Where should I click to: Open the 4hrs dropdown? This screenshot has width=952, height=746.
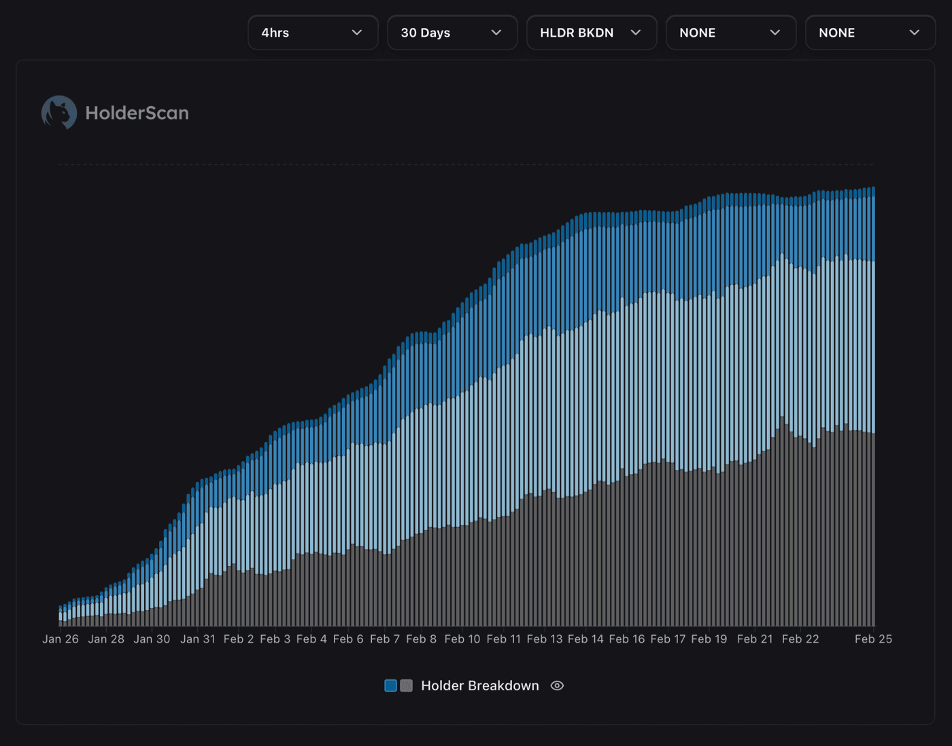point(312,33)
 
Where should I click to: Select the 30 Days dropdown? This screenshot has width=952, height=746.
point(452,33)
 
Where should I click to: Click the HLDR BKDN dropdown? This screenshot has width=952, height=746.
point(591,33)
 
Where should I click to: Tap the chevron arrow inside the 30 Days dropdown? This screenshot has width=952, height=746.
point(496,33)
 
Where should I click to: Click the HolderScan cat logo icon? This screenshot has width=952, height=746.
point(59,112)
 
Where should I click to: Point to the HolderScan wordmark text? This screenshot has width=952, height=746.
point(137,113)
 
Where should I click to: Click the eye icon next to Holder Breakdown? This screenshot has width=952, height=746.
point(557,685)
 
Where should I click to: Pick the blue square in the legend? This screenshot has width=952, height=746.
point(390,685)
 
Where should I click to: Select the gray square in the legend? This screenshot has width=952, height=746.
point(407,685)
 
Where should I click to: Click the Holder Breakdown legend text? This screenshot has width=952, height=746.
point(479,685)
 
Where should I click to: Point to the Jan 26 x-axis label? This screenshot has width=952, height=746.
point(61,639)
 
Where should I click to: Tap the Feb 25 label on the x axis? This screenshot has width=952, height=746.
point(873,639)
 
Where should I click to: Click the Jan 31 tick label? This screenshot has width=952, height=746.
point(197,639)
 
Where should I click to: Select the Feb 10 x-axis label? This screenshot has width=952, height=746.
point(462,639)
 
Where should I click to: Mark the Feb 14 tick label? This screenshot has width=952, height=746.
point(585,639)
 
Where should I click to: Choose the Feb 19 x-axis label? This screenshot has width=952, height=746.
point(709,639)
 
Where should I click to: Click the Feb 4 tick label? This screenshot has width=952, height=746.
point(311,639)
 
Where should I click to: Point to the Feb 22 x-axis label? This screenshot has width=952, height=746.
point(800,639)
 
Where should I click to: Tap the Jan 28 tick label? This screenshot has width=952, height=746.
point(106,639)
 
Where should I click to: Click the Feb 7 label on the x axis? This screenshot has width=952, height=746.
point(385,639)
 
